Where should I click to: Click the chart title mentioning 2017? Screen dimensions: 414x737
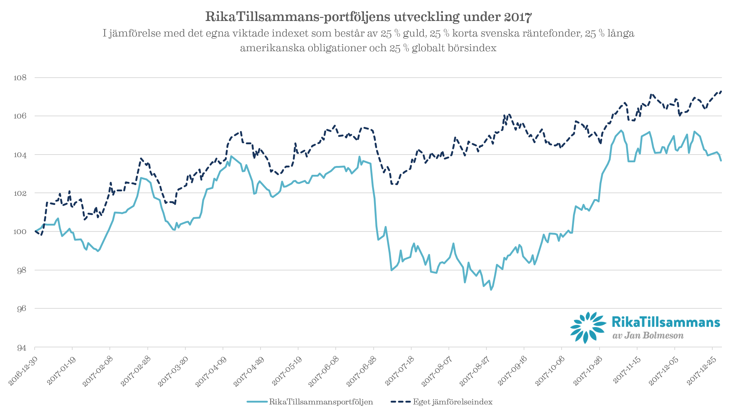click(368, 17)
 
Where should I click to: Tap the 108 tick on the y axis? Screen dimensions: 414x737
click(20, 78)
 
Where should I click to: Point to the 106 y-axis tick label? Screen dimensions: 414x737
click(20, 116)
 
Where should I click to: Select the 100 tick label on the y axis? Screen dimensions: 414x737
click(20, 231)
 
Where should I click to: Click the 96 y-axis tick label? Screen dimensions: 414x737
click(21, 308)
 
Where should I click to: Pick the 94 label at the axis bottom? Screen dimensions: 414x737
click(21, 347)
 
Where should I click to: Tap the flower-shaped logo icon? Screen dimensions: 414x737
click(588, 327)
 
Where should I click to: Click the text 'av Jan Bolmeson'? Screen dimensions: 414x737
click(648, 336)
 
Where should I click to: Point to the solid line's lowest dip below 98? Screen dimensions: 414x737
click(490, 290)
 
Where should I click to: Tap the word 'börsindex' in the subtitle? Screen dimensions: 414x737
click(472, 48)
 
